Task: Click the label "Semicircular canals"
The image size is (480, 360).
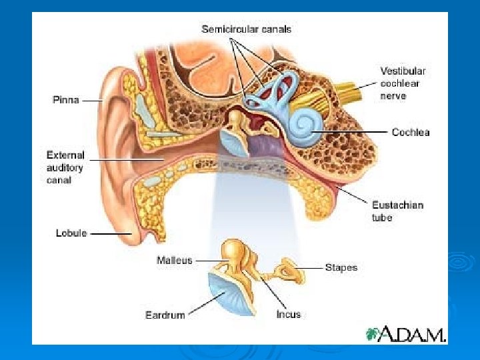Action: pos(247,29)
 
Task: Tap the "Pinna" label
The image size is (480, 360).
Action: pos(66,100)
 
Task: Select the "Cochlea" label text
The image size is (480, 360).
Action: pos(411,132)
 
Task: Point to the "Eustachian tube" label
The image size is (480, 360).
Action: pos(397,211)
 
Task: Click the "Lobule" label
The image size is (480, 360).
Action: pos(71,233)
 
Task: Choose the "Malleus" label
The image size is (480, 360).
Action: pos(175,260)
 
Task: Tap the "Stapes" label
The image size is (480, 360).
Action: pos(341,267)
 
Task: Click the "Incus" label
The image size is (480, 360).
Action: pos(289,314)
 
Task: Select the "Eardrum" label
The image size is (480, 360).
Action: pos(165,315)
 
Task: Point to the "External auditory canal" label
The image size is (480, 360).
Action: pos(65,167)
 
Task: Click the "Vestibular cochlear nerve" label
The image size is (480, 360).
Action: pos(403,83)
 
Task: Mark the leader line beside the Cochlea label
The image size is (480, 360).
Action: pos(360,132)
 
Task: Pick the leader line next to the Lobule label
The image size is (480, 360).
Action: pos(111,234)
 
